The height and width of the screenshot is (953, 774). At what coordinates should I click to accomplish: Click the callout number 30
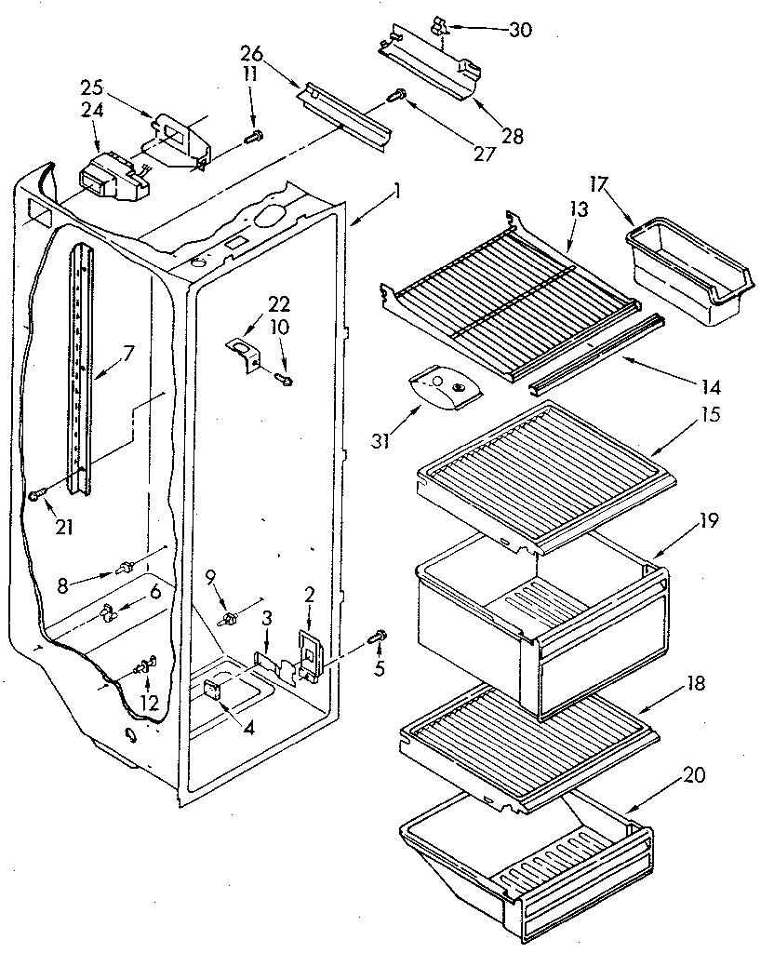(x=521, y=30)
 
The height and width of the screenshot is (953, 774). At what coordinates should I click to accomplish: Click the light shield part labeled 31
(x=440, y=389)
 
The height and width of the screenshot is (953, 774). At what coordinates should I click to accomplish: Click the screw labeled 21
(x=37, y=495)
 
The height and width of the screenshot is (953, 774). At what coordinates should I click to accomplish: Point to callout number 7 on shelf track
(x=128, y=353)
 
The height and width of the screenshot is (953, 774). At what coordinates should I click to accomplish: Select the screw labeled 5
(x=379, y=638)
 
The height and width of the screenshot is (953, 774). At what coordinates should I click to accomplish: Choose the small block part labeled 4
(x=212, y=689)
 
